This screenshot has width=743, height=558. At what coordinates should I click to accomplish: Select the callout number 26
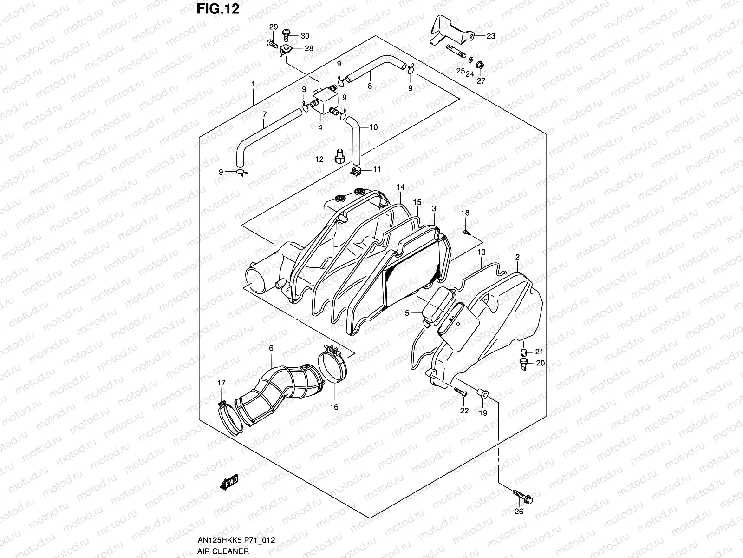(519, 511)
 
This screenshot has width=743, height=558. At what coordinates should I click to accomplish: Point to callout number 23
(491, 36)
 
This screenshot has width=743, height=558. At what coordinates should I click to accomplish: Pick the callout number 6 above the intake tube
(271, 348)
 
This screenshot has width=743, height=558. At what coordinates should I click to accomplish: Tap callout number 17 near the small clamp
(222, 383)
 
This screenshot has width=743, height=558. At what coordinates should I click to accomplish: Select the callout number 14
(400, 187)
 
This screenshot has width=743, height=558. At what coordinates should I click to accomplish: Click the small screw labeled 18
(465, 231)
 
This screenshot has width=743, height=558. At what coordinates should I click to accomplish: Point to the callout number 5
(407, 313)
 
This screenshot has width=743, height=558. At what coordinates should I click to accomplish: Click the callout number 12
(319, 159)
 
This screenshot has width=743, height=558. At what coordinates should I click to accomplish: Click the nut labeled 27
(481, 73)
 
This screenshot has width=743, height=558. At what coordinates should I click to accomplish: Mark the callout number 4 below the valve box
(320, 127)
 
